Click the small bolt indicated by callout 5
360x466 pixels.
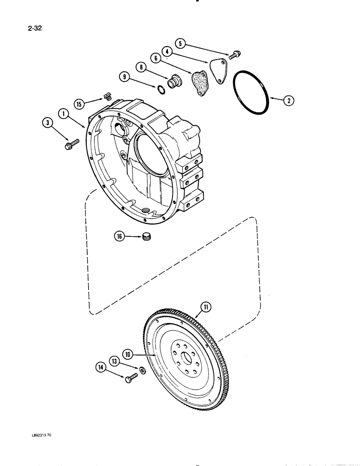(234, 55)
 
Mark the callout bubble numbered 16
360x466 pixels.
(120, 237)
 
